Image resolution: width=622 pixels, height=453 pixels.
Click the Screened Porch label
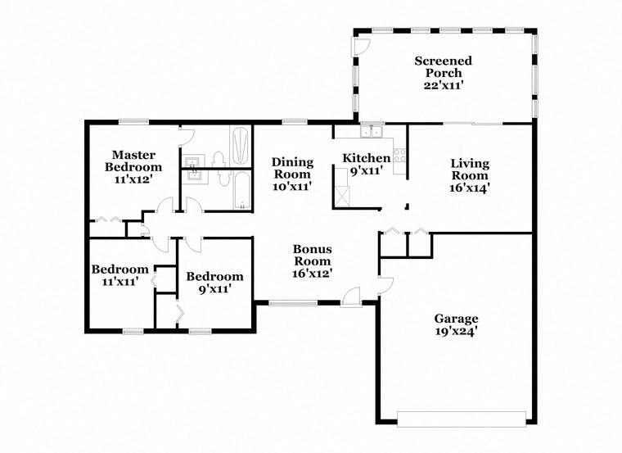tap(443, 73)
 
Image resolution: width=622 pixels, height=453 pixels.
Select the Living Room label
tap(470, 175)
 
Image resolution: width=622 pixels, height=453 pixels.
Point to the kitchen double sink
tap(372, 131)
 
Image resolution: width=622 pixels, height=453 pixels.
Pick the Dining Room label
tap(291, 168)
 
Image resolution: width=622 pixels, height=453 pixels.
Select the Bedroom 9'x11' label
tap(214, 283)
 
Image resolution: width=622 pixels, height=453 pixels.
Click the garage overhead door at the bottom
tap(462, 419)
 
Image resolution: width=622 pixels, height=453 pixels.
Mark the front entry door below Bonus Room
tap(352, 297)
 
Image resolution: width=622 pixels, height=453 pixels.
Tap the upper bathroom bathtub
tap(240, 145)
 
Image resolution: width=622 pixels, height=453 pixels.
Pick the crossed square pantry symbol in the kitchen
tap(342, 196)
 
